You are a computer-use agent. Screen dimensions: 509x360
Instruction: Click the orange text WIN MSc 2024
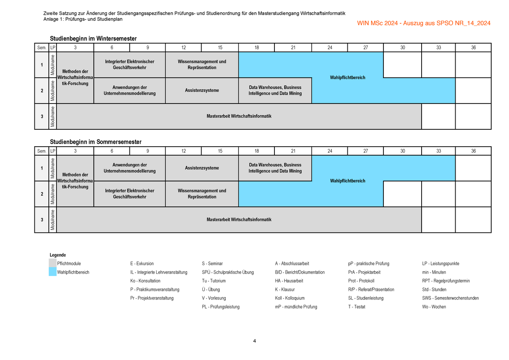point(377,23)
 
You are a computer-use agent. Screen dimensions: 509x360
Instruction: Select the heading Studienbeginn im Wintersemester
point(93,39)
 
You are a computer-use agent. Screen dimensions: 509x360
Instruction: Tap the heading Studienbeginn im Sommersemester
point(96,142)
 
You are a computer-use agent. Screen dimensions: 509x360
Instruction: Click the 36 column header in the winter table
point(473,47)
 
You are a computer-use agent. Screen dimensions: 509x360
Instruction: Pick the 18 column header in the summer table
point(257,151)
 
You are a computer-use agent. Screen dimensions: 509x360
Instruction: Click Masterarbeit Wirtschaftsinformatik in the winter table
point(239,116)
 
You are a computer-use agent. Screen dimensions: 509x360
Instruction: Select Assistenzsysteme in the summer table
point(202,168)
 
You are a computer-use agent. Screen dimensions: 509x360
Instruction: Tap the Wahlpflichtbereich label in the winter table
point(347,78)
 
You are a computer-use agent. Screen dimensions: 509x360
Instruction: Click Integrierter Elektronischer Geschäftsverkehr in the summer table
point(129,194)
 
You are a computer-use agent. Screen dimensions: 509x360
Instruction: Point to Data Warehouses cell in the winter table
point(275,90)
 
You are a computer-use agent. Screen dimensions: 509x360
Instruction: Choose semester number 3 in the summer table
point(42,220)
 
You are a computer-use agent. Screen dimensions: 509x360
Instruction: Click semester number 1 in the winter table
point(42,65)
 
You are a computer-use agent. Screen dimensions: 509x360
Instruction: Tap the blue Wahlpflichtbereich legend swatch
point(53,272)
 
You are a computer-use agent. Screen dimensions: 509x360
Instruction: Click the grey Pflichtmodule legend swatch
point(53,263)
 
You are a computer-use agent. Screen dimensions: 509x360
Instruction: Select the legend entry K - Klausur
point(285,289)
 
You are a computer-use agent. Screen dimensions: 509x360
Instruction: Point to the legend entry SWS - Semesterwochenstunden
point(450,298)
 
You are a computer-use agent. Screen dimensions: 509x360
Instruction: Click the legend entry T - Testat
point(357,307)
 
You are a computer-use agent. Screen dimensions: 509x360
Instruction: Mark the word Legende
point(58,255)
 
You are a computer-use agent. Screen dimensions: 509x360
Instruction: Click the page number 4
point(255,341)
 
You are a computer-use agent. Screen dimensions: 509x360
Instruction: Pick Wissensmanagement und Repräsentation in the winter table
point(202,64)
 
